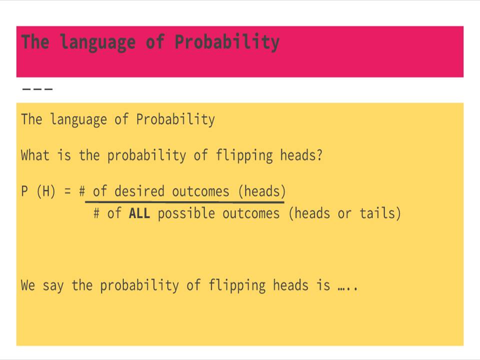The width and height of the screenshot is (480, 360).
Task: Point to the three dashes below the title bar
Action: (x=37, y=89)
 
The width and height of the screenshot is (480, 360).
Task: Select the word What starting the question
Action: (x=35, y=155)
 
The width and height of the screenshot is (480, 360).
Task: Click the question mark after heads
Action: (x=319, y=155)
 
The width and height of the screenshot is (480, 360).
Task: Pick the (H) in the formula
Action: (x=46, y=191)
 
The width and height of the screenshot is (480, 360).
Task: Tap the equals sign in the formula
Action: (x=67, y=191)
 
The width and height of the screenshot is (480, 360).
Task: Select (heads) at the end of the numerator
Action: (x=262, y=191)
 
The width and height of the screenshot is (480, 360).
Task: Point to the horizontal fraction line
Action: (x=185, y=202)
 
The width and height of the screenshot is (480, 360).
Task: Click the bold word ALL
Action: (x=139, y=214)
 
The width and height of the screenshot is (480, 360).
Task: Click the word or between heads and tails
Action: (x=344, y=214)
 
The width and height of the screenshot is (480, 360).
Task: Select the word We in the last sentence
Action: (x=28, y=285)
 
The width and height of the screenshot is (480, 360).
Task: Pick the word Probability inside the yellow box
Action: (x=175, y=120)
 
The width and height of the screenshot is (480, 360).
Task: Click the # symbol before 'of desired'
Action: (x=82, y=191)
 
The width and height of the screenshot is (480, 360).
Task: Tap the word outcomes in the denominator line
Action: (x=251, y=214)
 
